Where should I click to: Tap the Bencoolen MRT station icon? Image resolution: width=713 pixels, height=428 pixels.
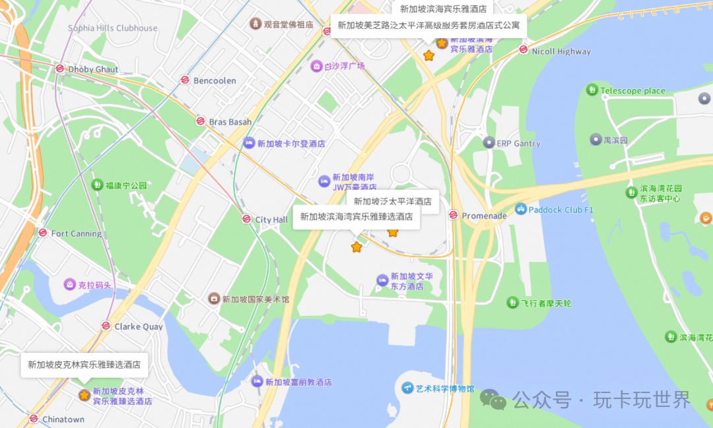(x=185, y=80)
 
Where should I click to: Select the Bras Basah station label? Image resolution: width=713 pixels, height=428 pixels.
(x=230, y=122)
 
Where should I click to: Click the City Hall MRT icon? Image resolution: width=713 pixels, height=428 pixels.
(x=246, y=219)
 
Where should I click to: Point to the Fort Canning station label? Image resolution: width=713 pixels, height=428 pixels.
(x=77, y=233)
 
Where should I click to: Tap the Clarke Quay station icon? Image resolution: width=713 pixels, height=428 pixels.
(x=106, y=326)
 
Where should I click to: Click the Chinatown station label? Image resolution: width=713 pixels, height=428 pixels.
(x=63, y=419)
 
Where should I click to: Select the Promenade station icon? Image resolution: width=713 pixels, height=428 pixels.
(x=453, y=215)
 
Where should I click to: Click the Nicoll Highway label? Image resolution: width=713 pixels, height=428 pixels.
(x=561, y=51)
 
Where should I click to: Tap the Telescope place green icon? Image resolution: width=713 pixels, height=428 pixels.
(x=592, y=90)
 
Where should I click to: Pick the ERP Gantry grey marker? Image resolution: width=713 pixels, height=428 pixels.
(x=489, y=142)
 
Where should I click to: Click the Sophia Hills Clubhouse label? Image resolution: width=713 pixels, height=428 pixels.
(x=113, y=28)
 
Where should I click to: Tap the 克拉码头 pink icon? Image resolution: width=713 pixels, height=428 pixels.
(x=69, y=285)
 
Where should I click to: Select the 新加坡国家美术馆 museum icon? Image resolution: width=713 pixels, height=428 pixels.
(x=214, y=299)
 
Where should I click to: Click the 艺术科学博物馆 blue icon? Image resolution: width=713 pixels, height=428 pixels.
(x=407, y=388)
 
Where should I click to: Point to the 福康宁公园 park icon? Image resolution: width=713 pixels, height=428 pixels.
(x=98, y=185)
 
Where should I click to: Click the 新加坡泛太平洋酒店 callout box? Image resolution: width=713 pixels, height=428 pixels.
(x=392, y=201)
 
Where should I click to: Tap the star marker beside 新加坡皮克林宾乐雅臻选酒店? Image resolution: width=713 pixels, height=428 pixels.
(x=85, y=395)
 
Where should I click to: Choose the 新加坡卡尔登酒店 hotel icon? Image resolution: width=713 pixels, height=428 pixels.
(x=249, y=143)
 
